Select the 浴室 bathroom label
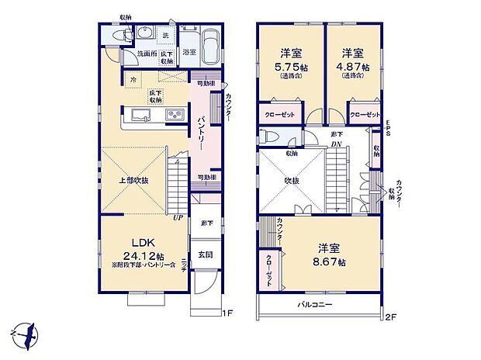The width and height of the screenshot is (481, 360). (190, 53)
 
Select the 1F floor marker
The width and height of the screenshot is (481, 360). (228, 315)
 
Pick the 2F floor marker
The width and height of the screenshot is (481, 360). (392, 316)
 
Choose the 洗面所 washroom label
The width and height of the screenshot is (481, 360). (147, 54)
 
